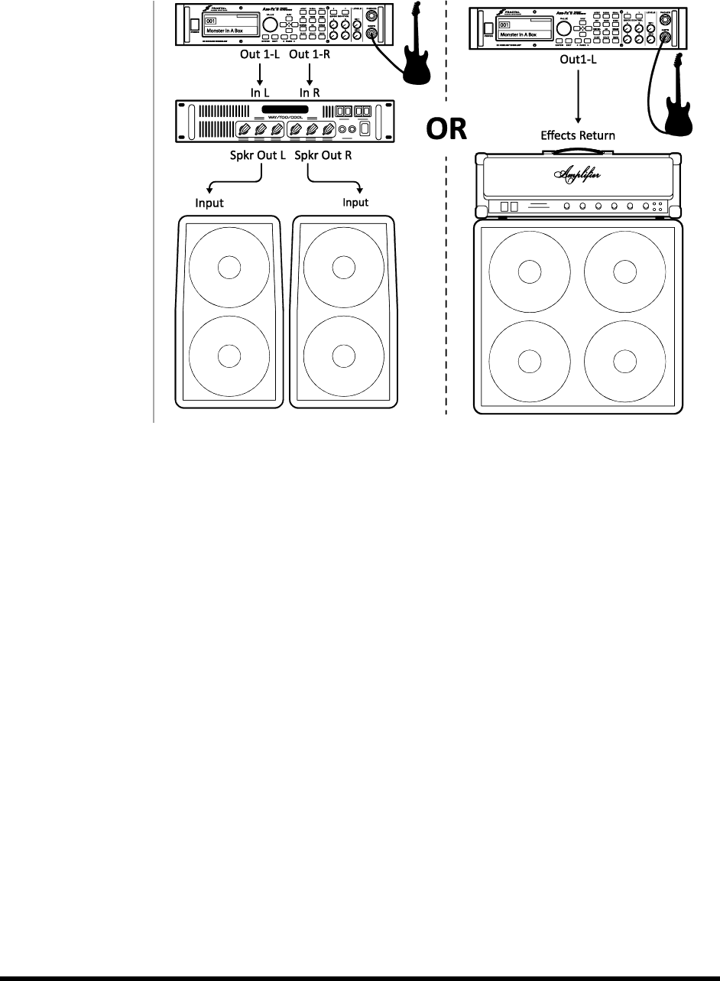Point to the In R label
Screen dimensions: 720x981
coord(310,92)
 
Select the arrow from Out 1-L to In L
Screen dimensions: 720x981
coord(261,74)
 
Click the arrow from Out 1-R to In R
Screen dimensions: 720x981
coord(310,74)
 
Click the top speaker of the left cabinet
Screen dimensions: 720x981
coord(227,268)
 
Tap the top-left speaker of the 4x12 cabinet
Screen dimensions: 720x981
coord(528,271)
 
